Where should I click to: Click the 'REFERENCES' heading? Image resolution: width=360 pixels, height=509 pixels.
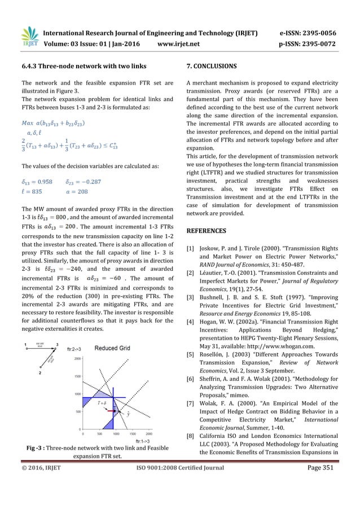tap(207, 231)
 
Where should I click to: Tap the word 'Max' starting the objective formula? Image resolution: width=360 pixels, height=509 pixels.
tap(26, 108)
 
